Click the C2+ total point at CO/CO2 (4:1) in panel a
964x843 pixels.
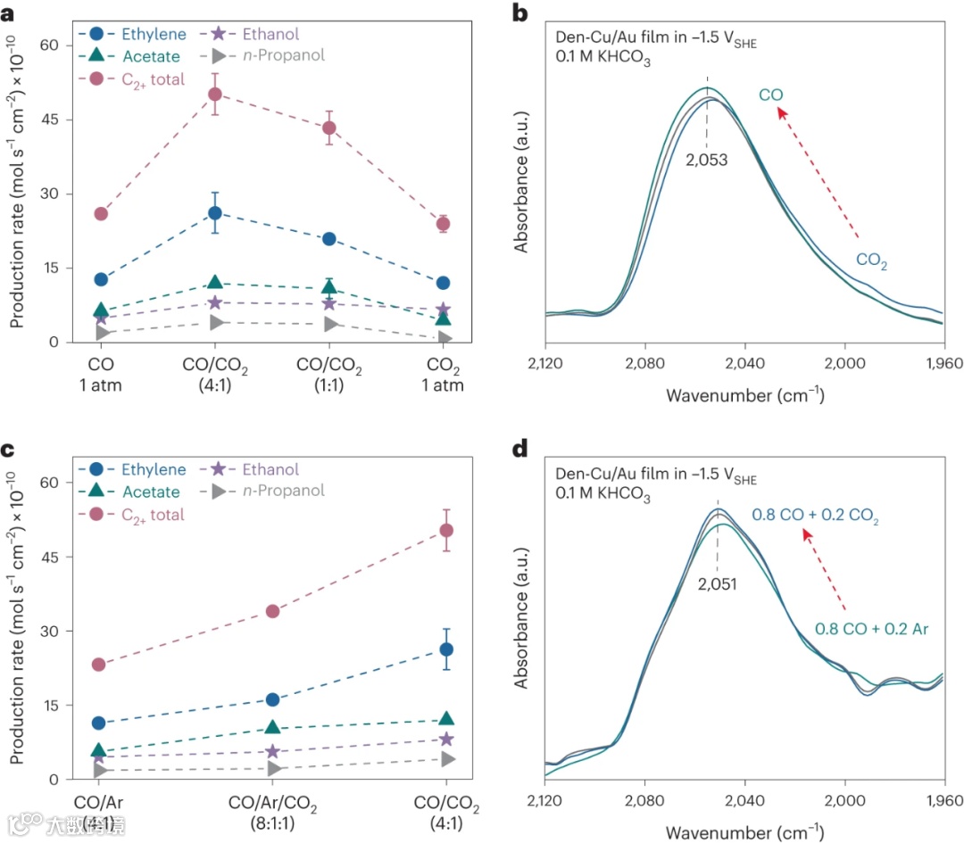click(215, 95)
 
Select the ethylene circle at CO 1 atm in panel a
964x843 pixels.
click(101, 279)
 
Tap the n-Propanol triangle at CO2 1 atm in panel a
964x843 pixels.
click(444, 338)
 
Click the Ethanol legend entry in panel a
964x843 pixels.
click(269, 35)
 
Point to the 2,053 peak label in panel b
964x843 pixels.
click(707, 161)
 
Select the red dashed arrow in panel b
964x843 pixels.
click(818, 173)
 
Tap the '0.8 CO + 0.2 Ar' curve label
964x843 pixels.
click(872, 629)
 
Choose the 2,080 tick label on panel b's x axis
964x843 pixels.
click(644, 363)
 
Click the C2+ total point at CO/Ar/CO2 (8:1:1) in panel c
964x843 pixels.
click(272, 611)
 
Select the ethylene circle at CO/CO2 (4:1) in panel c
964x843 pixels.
click(446, 649)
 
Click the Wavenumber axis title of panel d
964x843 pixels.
click(744, 831)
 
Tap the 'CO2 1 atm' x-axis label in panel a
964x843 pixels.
click(444, 375)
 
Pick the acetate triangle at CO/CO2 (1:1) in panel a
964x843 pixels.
click(329, 287)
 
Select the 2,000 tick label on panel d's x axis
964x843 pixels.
click(845, 799)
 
